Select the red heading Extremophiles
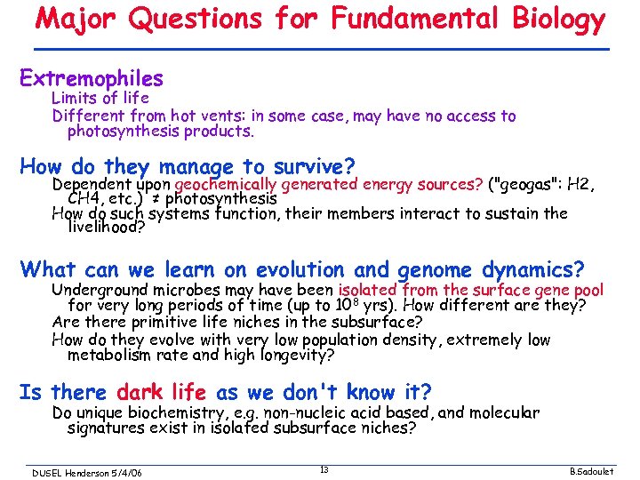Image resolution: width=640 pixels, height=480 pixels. coord(92,78)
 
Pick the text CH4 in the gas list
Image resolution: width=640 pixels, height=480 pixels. coord(85,198)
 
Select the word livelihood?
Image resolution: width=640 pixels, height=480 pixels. coord(105,228)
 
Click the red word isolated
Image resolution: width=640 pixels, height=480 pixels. coord(369,290)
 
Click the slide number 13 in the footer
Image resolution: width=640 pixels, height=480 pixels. coord(324,469)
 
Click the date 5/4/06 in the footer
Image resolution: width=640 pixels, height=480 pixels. coord(128,472)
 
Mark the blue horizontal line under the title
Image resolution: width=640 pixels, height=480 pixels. coord(320,49)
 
